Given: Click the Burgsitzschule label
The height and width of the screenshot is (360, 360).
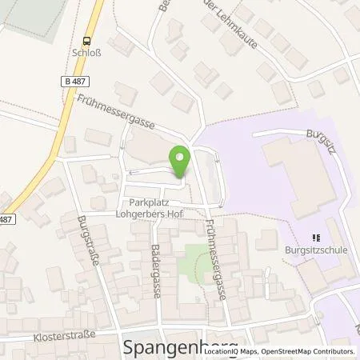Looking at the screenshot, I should (316, 250).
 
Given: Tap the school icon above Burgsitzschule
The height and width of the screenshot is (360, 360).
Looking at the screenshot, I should (316, 237).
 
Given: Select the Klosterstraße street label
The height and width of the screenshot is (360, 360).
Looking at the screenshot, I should (70, 338).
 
